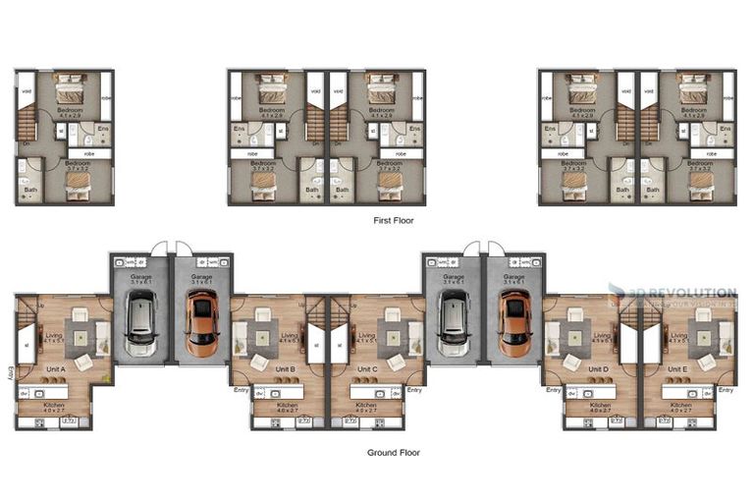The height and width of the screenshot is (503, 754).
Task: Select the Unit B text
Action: click(286, 369)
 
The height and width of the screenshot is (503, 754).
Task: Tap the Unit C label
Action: click(368, 369)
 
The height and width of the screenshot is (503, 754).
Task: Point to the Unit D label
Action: click(598, 369)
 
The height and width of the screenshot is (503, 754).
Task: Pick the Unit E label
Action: click(678, 369)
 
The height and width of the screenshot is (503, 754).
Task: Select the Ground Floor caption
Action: click(394, 453)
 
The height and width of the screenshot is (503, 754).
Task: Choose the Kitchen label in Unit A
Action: click(55, 404)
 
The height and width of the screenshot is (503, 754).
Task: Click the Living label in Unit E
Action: click(678, 336)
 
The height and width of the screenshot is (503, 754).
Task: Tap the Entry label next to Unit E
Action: click(726, 390)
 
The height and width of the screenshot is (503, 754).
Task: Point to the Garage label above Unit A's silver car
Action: click(141, 278)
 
